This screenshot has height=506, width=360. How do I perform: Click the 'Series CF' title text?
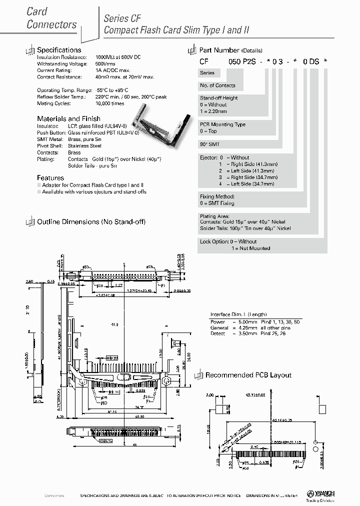pos(122,18)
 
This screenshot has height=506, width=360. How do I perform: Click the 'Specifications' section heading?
pos(59,50)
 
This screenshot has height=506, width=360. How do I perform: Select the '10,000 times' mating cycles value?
pos(109,103)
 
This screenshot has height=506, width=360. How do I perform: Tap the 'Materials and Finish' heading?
pos(68,119)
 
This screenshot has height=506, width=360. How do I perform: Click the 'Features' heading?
pos(50,177)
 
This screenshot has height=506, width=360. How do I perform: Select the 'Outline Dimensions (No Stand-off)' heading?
pos(91,221)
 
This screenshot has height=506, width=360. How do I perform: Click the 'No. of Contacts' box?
pos(217,85)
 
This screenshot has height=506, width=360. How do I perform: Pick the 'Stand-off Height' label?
pos(218,98)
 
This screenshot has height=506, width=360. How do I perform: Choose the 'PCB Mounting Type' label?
pos(222,124)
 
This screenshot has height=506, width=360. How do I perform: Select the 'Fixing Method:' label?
pos(216,197)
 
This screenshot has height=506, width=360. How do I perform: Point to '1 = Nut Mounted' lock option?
pos(250,248)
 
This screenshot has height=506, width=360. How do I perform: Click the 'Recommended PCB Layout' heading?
pos(248,375)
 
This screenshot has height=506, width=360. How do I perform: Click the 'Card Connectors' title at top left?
pos(51,18)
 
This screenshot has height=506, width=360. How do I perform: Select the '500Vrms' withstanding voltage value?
pos(105,64)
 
